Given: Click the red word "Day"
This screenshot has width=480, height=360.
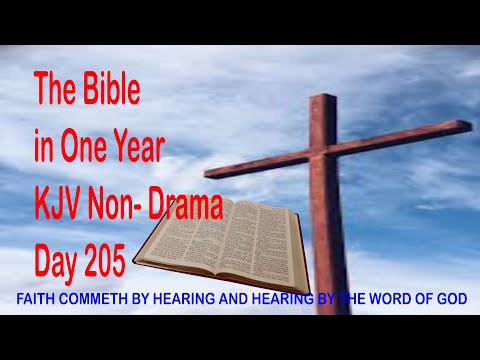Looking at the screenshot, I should tap(60, 262).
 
